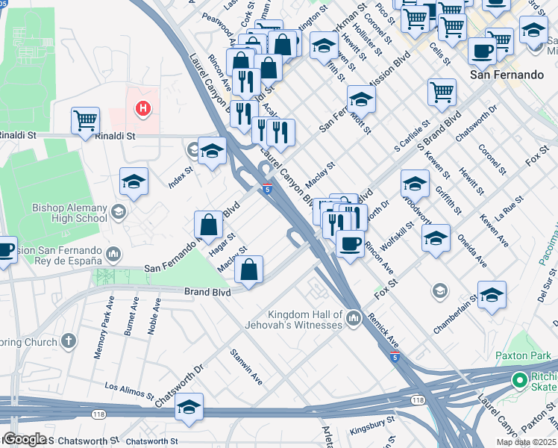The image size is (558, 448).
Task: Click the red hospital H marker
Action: click(x=142, y=110)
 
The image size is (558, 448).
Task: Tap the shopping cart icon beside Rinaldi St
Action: click(x=86, y=119)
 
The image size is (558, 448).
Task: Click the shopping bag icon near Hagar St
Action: click(x=209, y=223)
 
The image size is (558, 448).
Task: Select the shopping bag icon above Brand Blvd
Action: click(x=249, y=269)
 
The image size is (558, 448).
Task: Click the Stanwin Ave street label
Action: click(x=245, y=367)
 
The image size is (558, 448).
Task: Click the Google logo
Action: click(x=25, y=439)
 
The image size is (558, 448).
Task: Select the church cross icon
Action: click(x=68, y=342)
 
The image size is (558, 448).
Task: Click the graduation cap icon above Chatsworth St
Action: click(x=189, y=408)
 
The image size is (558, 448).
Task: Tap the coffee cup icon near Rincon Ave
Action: click(x=349, y=242)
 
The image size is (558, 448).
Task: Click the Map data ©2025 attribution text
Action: click(x=527, y=442)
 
